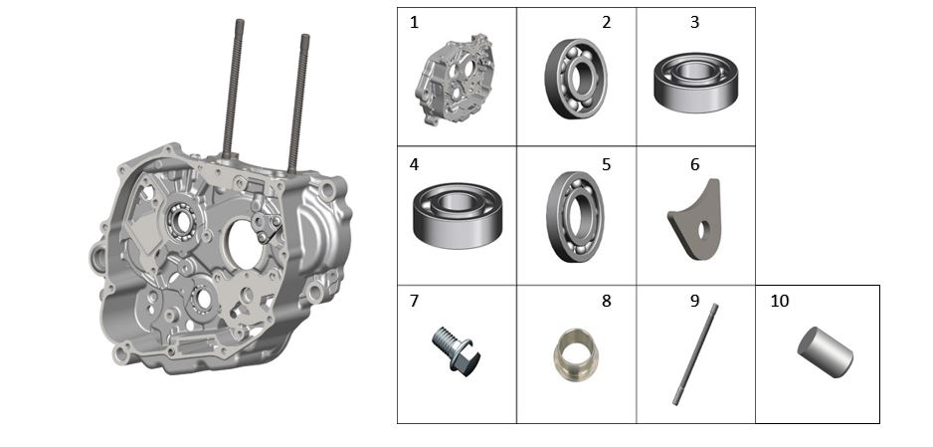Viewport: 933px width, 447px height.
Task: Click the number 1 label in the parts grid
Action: [x=414, y=23]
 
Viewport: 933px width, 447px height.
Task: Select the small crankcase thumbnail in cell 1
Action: [x=456, y=80]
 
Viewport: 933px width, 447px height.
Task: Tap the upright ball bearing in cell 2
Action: [x=575, y=79]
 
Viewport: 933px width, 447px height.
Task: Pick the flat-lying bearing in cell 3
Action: [x=695, y=83]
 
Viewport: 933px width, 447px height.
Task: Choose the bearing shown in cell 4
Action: [x=458, y=215]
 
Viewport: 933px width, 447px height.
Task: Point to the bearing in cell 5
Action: [x=575, y=217]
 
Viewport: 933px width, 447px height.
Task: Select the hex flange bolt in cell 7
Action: [x=456, y=350]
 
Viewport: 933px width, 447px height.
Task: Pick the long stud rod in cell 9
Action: [x=695, y=354]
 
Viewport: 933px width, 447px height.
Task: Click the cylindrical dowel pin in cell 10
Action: [x=825, y=351]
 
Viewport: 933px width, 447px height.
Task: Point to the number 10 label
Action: [x=780, y=302]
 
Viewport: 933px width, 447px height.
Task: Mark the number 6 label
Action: [x=694, y=164]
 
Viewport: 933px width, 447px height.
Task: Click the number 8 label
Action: [x=607, y=302]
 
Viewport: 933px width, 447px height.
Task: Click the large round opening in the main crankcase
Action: [x=246, y=245]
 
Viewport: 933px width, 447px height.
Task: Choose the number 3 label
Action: [x=694, y=23]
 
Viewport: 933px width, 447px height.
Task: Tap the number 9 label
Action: [x=694, y=302]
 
